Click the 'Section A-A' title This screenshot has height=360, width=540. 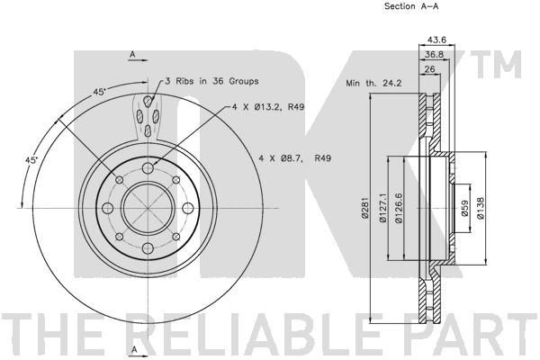point(411,6)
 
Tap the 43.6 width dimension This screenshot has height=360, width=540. point(436,40)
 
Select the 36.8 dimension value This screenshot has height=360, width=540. point(434,54)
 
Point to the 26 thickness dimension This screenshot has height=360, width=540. point(429,69)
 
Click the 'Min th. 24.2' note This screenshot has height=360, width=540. point(373,83)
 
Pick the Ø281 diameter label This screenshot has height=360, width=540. point(365,208)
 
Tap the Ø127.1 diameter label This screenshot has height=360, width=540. point(382,208)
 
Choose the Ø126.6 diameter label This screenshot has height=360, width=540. point(399,208)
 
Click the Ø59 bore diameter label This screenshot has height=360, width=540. point(464,208)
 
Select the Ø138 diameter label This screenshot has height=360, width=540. point(481,208)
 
